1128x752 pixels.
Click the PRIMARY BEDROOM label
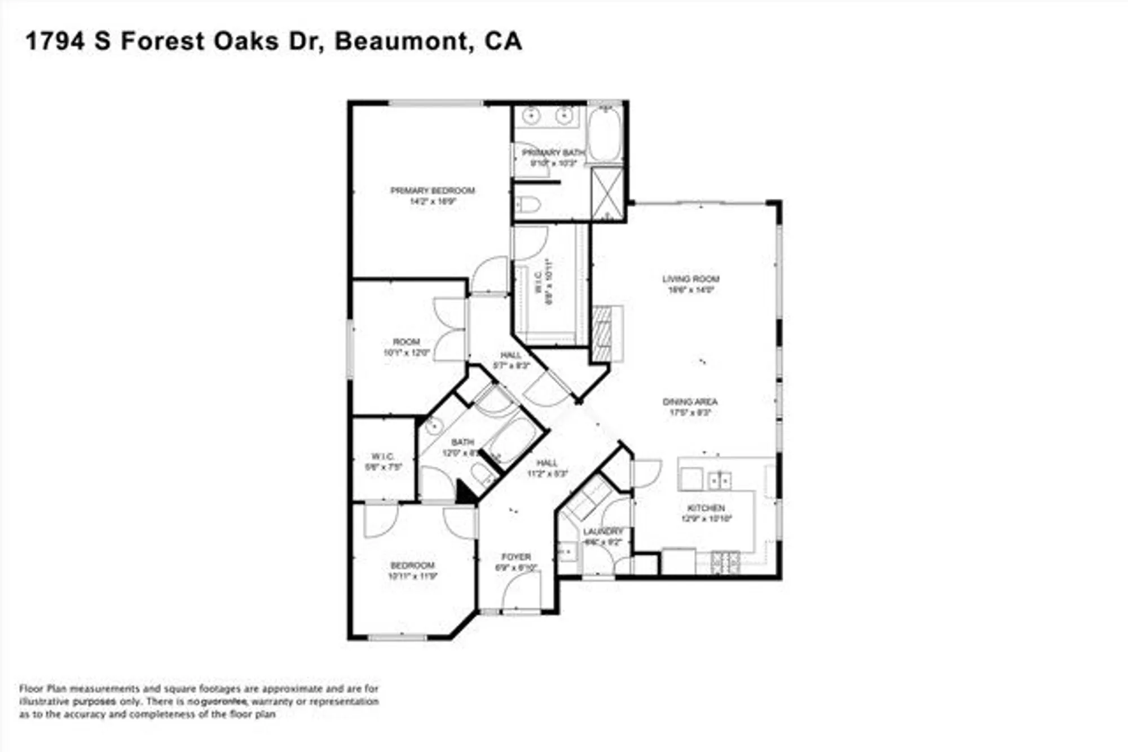433,196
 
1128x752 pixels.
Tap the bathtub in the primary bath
605,134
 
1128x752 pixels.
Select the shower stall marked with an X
607,193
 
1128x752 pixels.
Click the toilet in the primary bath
528,204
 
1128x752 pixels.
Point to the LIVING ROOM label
690,284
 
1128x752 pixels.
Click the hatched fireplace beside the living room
602,333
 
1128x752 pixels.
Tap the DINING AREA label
690,406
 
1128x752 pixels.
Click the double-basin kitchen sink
719,480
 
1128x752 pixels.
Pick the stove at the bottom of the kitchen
725,562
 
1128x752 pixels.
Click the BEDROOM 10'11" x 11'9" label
412,570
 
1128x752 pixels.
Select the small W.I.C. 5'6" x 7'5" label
383,461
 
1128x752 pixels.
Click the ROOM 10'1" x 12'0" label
406,347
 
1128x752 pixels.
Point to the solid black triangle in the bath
464,493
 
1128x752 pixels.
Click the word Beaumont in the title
400,41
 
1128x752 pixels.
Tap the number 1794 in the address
55,41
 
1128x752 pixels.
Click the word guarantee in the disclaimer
224,702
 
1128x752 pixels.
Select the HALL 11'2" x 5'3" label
547,468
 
